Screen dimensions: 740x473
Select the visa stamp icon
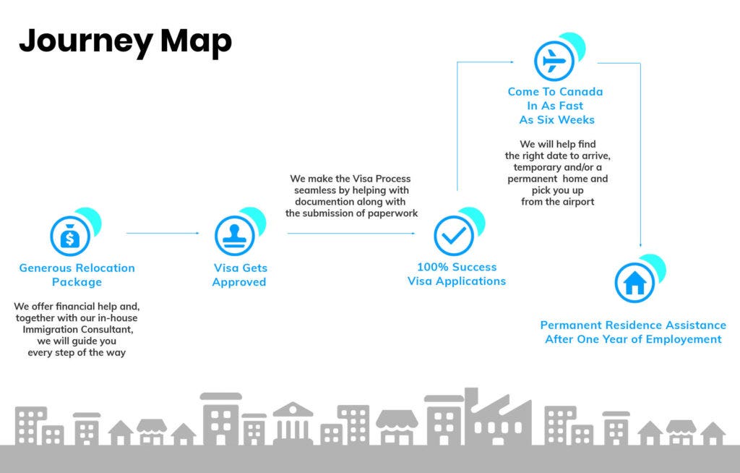click(235, 235)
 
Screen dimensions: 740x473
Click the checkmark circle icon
click(454, 235)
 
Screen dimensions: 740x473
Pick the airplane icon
click(554, 61)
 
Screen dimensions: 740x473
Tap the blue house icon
click(634, 283)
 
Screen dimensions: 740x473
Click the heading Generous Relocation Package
click(77, 275)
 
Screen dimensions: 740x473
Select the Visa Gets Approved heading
click(240, 275)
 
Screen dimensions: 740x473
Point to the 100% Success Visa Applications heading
click(457, 273)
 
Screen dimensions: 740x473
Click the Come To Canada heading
click(556, 106)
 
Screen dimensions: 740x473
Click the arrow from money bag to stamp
click(163, 233)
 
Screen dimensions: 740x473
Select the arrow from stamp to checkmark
click(352, 233)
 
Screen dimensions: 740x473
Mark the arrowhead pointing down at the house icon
click(640, 244)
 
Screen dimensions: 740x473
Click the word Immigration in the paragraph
click(48, 330)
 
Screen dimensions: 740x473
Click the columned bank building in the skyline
click(293, 424)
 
